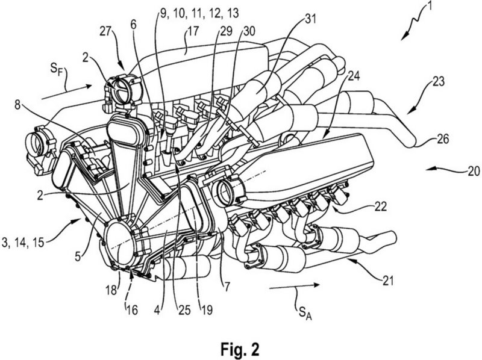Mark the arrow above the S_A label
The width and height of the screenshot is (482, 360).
tap(283, 290)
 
